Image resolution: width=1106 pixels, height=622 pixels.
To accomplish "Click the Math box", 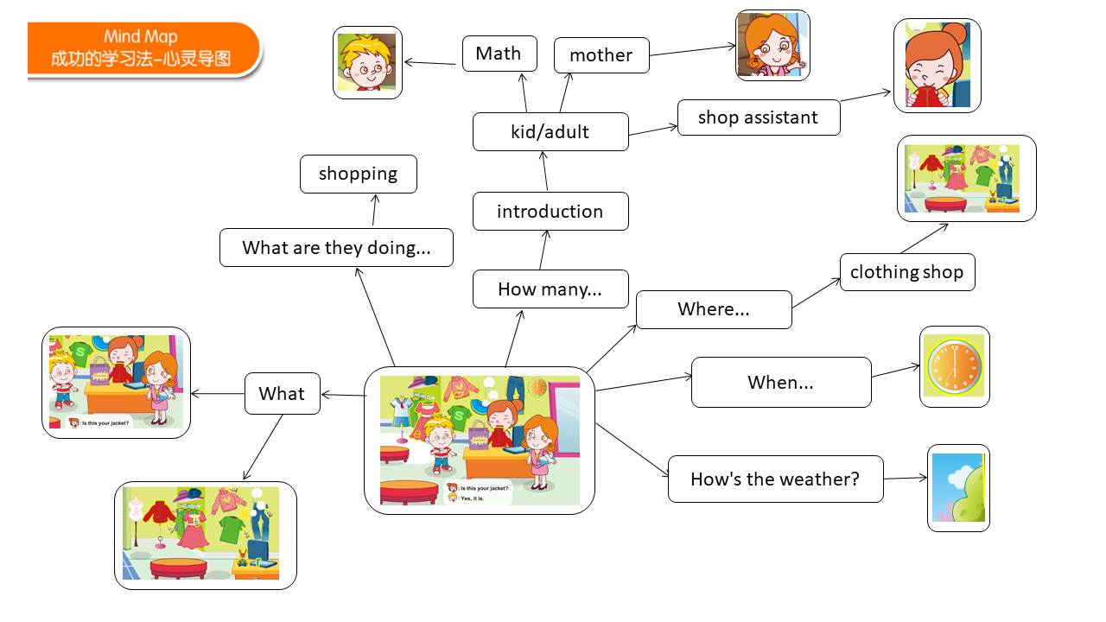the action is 499,54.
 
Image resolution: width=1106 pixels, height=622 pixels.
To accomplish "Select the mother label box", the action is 601,55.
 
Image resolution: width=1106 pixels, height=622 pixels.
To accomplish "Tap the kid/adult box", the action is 550,132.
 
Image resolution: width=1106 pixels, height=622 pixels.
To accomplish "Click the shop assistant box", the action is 759,117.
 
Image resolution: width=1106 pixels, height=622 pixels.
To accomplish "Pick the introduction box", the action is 550,212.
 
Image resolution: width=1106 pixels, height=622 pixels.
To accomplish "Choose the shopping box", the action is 359,174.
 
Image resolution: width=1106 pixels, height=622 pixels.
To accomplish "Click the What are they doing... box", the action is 336,247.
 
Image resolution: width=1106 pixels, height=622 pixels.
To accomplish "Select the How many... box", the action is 550,289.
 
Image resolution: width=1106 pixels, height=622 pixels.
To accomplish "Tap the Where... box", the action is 714,309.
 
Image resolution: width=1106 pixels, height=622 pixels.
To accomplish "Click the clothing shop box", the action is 907,272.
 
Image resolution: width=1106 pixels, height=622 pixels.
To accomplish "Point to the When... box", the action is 781,382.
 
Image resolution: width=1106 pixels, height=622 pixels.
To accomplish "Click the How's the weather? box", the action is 776,479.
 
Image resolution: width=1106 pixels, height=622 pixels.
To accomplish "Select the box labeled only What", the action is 283,393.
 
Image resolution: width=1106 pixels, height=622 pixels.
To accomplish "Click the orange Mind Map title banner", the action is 143,48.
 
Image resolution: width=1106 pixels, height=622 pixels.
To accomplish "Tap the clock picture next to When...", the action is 955,366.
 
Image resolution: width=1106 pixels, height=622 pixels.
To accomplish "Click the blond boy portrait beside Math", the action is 367,63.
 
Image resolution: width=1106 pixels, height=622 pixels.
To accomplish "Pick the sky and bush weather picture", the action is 958,488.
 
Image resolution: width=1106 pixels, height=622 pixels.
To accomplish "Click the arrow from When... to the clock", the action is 896,371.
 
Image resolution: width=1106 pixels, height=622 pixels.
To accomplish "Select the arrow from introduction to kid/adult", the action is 544,171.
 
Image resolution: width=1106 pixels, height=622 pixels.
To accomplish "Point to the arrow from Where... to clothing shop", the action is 817,293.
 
